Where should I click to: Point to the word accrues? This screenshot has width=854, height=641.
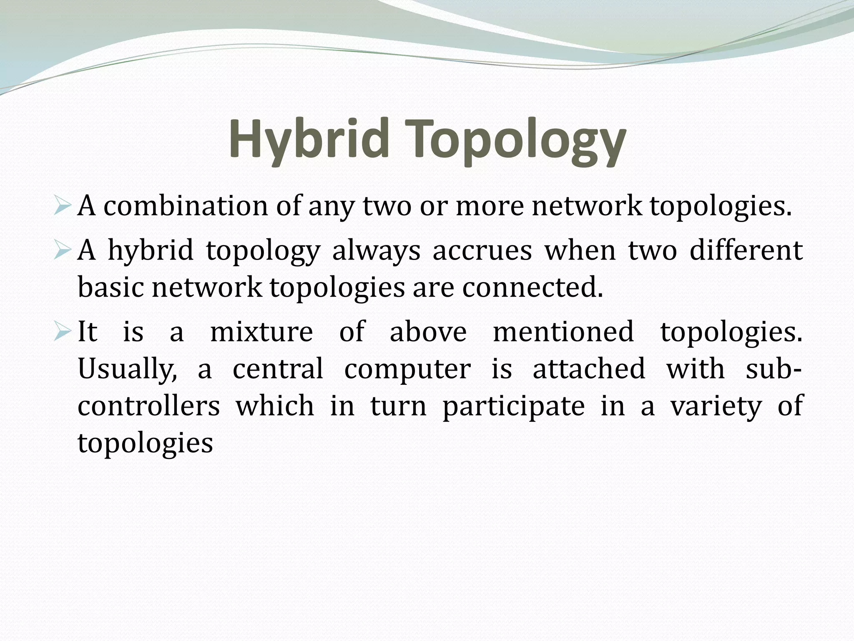pyautogui.click(x=482, y=251)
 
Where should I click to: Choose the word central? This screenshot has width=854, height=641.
pyautogui.click(x=278, y=369)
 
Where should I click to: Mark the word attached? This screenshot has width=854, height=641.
pyautogui.click(x=589, y=369)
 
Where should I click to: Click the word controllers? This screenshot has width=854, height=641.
pyautogui.click(x=148, y=406)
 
